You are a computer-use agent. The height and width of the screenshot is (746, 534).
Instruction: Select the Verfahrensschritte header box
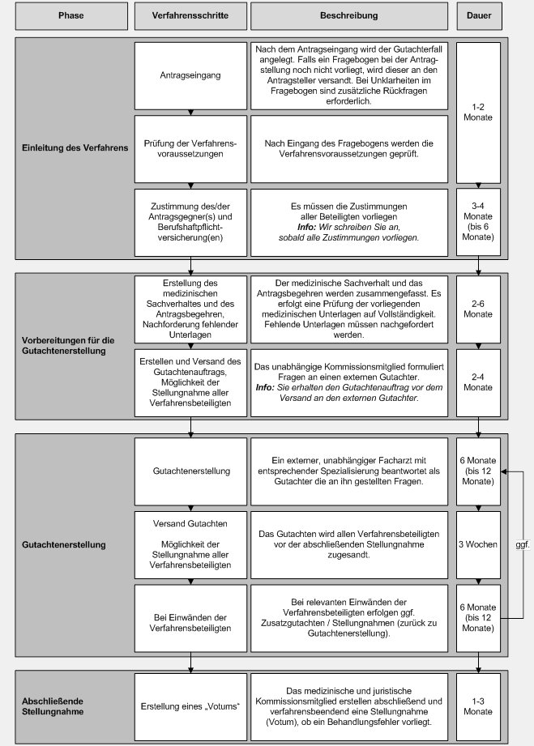(x=190, y=16)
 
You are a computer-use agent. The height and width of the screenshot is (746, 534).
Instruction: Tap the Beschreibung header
(x=348, y=16)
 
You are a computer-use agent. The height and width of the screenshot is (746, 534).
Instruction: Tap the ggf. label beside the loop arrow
(x=522, y=545)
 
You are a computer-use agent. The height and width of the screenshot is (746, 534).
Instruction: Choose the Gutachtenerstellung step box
(x=190, y=471)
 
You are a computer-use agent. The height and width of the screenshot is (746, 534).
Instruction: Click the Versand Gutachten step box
(x=190, y=544)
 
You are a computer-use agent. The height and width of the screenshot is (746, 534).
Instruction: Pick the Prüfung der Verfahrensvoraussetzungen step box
(x=190, y=149)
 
